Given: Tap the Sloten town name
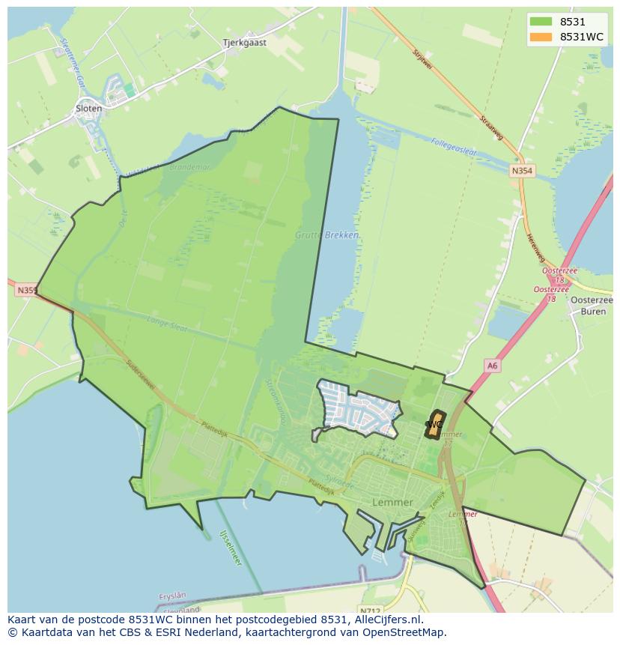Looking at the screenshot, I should pos(88,109).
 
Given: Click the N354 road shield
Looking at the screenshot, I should pos(522,172).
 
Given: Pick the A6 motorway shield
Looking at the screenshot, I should pos(491,366).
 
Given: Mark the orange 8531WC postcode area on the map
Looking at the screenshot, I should pos(434,424).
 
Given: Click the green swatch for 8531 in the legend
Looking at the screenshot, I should pos(541,22).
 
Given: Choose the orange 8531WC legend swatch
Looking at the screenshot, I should pos(541,37).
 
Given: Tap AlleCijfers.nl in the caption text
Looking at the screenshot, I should pos(388,620).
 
